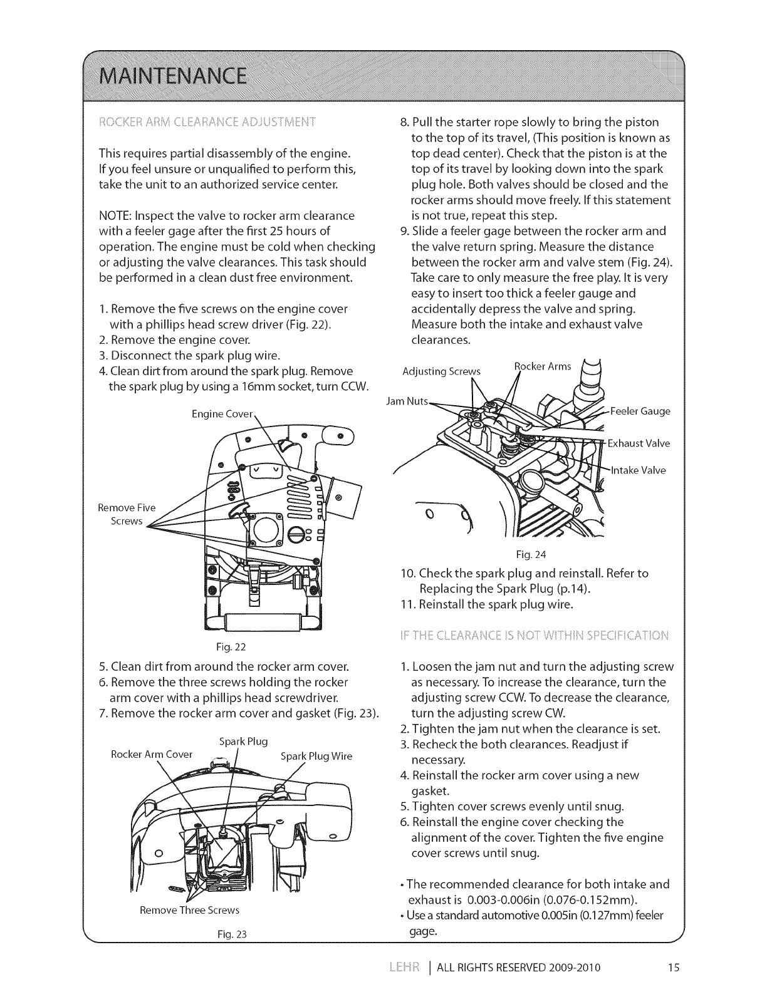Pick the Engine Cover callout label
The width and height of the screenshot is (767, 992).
222,414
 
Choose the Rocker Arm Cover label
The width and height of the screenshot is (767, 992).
151,754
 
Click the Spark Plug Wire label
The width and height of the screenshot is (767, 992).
316,756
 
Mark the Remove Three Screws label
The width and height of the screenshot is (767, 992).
190,909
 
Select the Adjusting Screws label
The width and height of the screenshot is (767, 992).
441,371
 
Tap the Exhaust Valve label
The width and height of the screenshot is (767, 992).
639,443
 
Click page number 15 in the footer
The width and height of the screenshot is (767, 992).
673,967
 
